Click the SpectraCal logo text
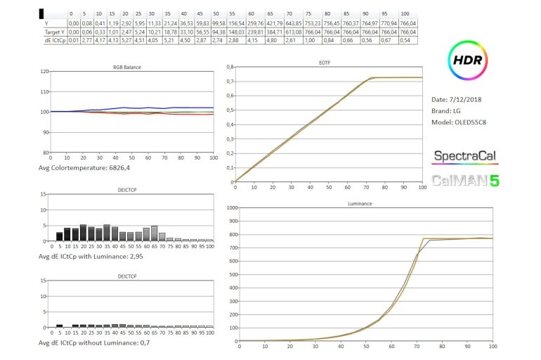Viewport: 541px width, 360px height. click(x=465, y=155)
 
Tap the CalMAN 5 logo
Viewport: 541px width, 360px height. click(x=465, y=180)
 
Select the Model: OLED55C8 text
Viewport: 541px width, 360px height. click(x=465, y=122)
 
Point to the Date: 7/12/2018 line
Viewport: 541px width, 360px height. click(x=458, y=99)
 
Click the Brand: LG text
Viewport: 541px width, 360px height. click(x=448, y=111)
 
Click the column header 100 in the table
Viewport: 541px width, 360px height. click(x=405, y=13)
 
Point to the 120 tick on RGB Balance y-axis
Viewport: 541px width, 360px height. click(x=46, y=72)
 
